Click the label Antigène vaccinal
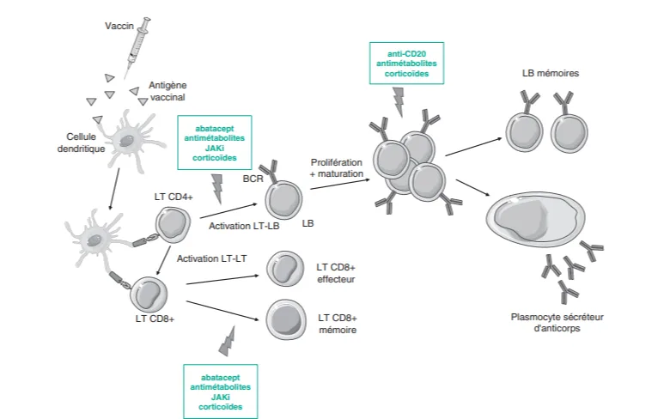coord(167,92)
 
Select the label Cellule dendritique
coord(85,143)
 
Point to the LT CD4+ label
coord(173,198)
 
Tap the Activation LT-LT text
coord(210,258)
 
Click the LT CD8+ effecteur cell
coord(284,269)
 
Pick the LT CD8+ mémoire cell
coord(284,319)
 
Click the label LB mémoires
coord(551,74)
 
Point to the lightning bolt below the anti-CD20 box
coord(398,100)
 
